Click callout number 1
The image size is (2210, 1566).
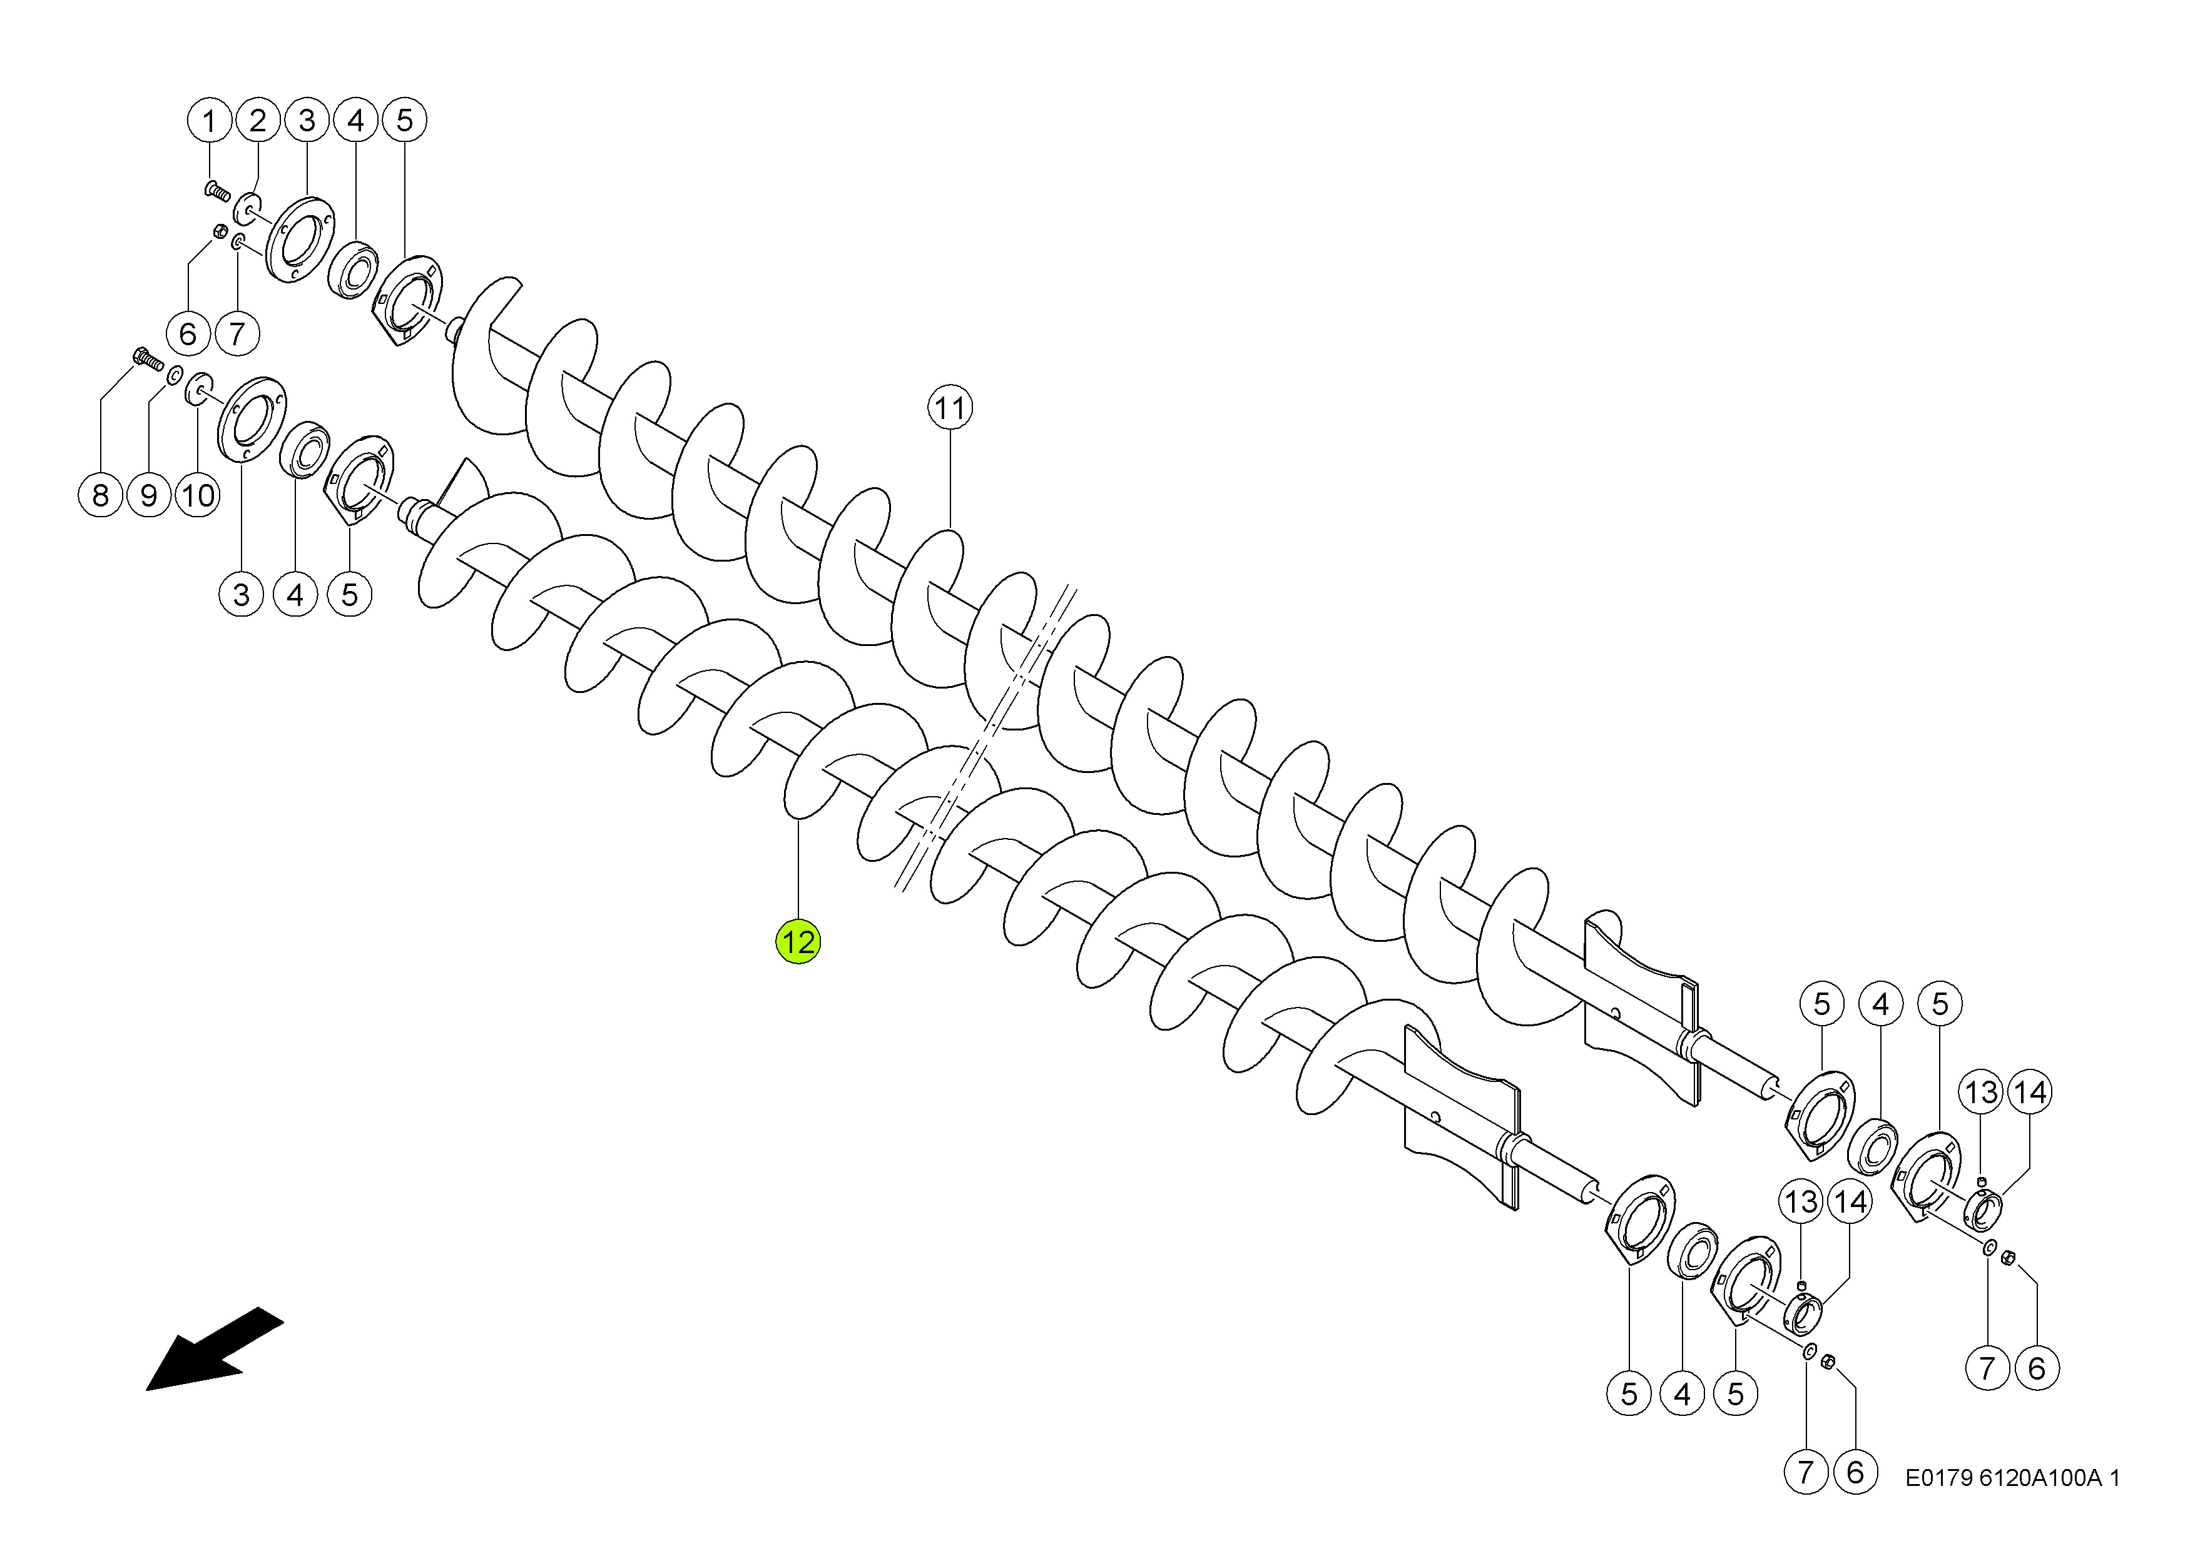(x=210, y=121)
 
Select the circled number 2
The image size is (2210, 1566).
(x=258, y=121)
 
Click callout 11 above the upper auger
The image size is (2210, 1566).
(x=950, y=408)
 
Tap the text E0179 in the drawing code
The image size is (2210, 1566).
(x=1939, y=1477)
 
